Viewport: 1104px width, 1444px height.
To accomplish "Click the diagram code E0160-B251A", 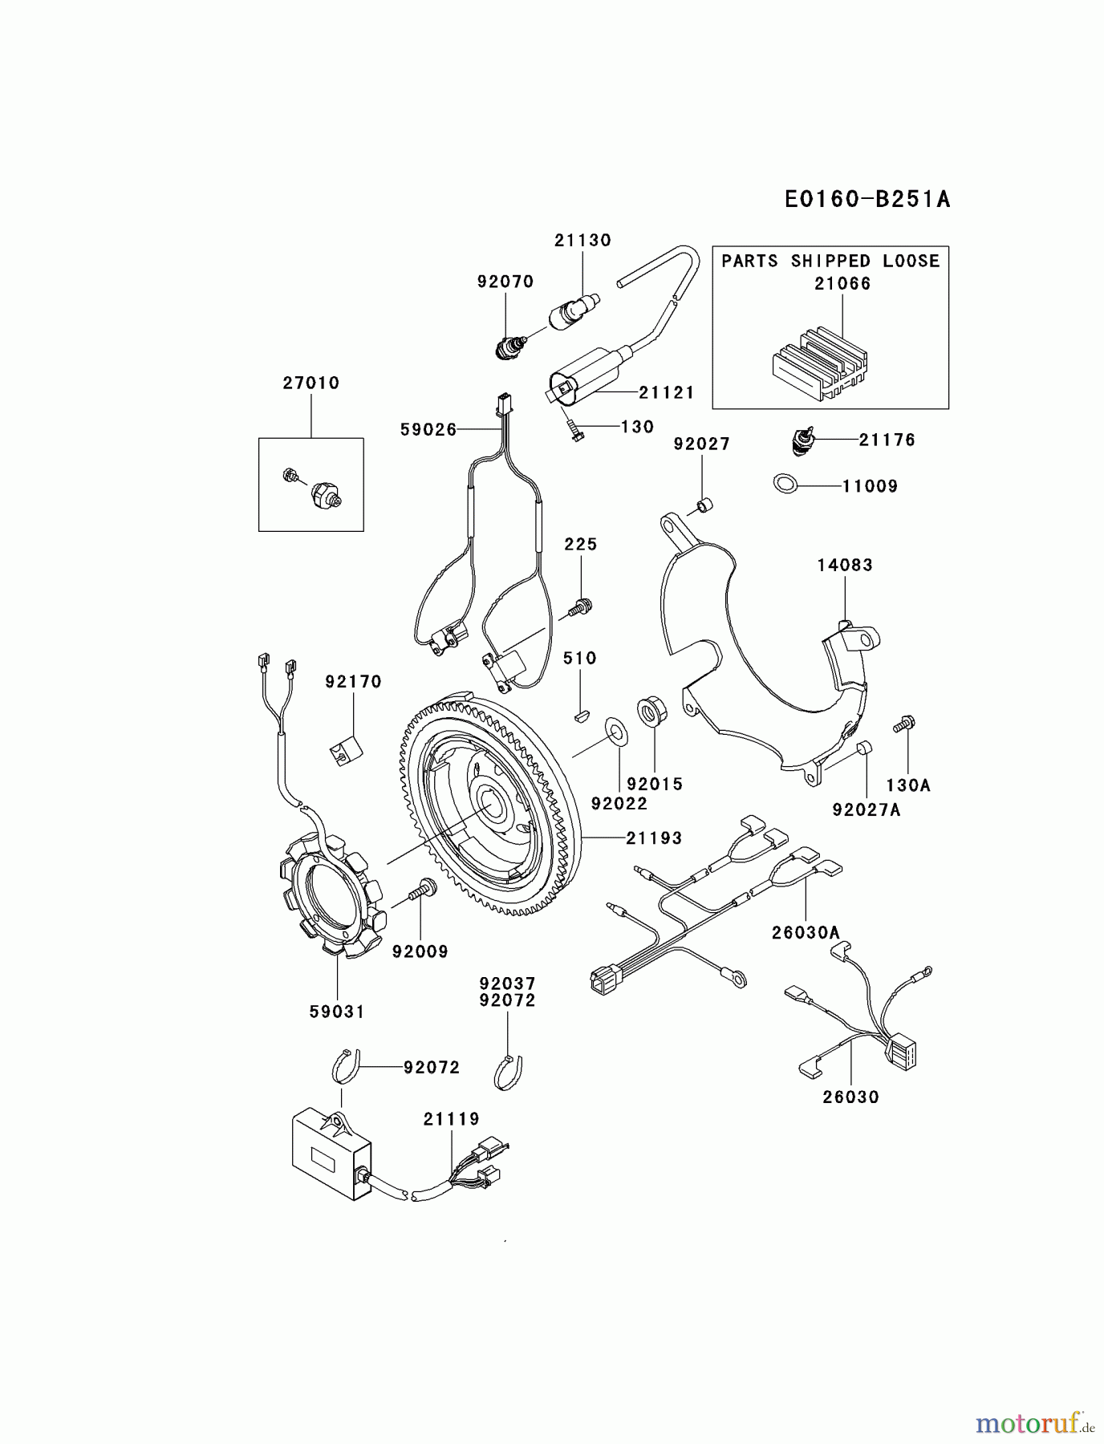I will click(x=867, y=199).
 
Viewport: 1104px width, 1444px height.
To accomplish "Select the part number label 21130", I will click(x=582, y=240).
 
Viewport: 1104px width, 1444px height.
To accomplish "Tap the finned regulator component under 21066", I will click(x=818, y=363).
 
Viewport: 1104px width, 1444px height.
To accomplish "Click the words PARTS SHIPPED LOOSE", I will click(x=830, y=262).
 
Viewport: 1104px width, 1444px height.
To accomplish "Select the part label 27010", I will click(x=310, y=383).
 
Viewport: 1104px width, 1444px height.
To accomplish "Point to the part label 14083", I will click(x=845, y=565).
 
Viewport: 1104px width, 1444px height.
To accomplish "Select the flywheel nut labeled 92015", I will click(x=649, y=711).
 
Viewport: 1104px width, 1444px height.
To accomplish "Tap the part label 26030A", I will click(x=806, y=932).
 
